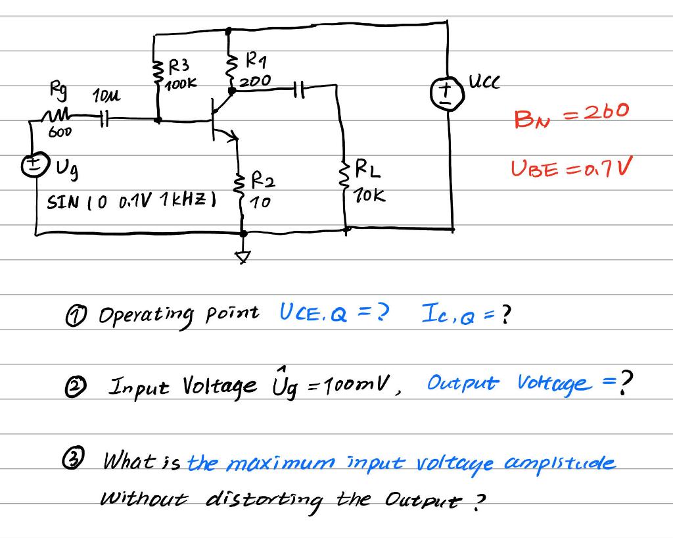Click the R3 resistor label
point(179,66)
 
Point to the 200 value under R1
point(254,82)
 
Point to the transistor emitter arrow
point(231,137)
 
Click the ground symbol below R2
point(244,257)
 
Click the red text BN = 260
point(571,115)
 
